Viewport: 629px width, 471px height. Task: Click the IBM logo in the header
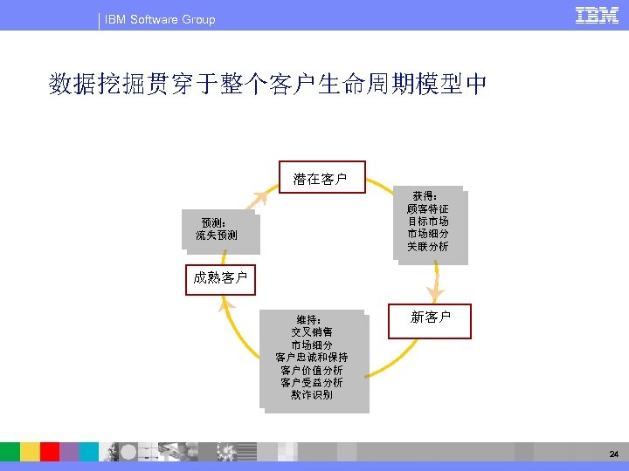coord(598,16)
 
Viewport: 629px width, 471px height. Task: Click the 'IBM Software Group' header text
coord(160,19)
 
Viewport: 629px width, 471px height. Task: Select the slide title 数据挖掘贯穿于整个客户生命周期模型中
coord(269,85)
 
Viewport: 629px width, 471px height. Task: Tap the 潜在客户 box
coord(321,179)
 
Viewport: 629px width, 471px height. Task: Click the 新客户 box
coord(431,317)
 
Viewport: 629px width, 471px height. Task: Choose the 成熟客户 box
coord(220,278)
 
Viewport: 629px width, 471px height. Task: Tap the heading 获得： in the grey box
coord(425,197)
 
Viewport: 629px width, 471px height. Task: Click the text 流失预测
coord(217,235)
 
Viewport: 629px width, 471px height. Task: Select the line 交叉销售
coord(312,332)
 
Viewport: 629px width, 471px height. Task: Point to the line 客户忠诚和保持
coord(312,358)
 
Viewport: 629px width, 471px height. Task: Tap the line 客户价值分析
coord(312,371)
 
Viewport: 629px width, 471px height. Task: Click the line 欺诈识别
coord(312,396)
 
